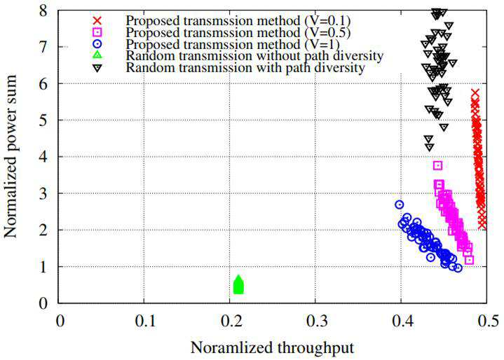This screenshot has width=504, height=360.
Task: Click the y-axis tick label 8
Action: click(43, 11)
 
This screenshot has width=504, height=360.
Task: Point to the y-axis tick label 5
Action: click(43, 120)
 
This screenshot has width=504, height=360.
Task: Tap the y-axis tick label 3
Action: click(43, 193)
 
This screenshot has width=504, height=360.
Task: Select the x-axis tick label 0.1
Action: click(144, 321)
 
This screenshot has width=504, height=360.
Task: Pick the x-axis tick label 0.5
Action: click(487, 321)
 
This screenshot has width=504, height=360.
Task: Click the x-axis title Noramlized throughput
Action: click(272, 348)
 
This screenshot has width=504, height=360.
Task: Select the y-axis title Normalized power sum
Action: click(11, 156)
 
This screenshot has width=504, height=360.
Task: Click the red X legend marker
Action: click(97, 20)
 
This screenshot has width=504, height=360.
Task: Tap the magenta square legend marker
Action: click(97, 32)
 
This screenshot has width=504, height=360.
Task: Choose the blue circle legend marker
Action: click(97, 43)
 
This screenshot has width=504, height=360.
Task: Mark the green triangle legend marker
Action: click(97, 55)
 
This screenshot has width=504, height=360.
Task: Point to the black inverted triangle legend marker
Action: click(97, 67)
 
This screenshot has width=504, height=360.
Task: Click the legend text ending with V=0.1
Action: click(238, 20)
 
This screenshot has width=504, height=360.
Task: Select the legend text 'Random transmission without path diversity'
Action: click(254, 56)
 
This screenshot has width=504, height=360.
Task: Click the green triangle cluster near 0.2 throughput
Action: click(238, 285)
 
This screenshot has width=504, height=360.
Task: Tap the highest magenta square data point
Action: click(438, 165)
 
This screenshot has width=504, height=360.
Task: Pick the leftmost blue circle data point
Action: click(400, 205)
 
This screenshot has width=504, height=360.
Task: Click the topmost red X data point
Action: click(475, 93)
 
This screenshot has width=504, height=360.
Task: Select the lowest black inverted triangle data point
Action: click(430, 147)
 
